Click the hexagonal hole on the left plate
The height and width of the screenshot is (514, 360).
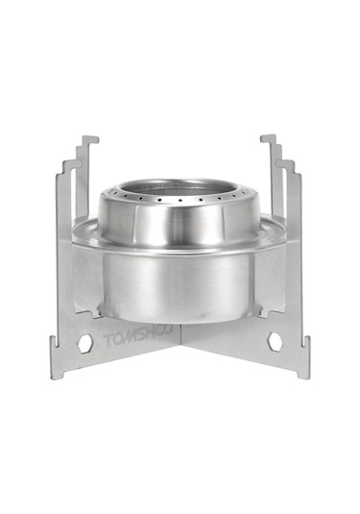(x=85, y=341)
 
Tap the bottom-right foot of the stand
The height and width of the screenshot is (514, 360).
(x=303, y=371)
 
